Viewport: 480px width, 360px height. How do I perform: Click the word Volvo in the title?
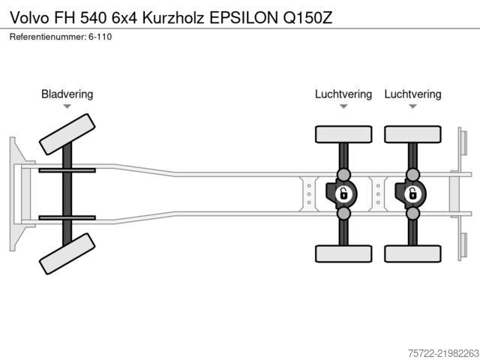click(29, 18)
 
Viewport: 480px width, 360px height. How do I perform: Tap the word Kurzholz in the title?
click(173, 18)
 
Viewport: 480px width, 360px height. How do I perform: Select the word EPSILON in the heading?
click(243, 18)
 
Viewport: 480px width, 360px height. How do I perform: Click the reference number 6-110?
click(100, 37)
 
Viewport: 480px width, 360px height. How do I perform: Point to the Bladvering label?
click(67, 94)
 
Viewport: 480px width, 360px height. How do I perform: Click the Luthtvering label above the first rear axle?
click(343, 94)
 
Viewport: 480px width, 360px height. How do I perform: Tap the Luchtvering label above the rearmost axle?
click(412, 94)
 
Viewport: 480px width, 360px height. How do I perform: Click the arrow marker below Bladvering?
click(67, 106)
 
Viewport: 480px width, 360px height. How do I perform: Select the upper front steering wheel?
click(67, 134)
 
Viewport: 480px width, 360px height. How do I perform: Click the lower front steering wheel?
click(67, 253)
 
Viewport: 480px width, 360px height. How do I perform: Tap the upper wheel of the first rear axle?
click(343, 134)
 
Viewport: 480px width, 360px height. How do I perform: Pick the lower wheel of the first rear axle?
click(343, 253)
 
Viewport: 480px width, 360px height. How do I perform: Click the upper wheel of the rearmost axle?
click(412, 134)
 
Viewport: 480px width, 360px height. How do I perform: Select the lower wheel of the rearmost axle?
click(412, 253)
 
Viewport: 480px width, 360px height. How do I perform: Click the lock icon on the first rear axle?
click(343, 194)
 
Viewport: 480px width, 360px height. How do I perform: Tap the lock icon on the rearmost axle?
click(413, 194)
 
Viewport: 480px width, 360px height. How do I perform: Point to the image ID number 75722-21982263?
click(443, 353)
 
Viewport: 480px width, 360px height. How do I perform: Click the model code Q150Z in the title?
click(307, 18)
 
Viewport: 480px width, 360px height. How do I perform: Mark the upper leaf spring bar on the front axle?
click(67, 170)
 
